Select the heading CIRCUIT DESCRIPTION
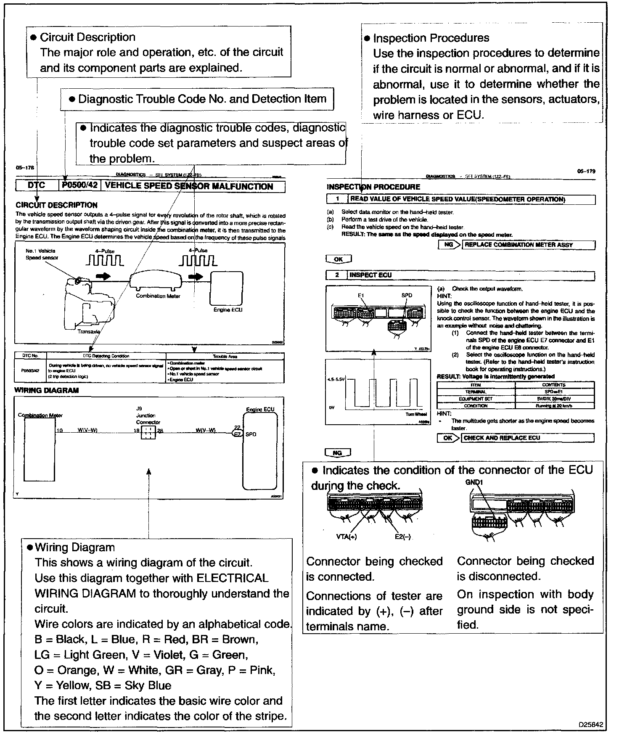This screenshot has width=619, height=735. pyautogui.click(x=56, y=205)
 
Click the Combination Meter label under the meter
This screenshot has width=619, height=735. pyautogui.click(x=158, y=296)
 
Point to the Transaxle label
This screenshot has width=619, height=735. pyautogui.click(x=89, y=332)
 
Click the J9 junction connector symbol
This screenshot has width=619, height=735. pyautogui.click(x=148, y=432)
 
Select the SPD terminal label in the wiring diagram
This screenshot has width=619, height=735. pyautogui.click(x=251, y=434)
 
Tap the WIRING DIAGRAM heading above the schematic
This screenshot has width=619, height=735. pyautogui.click(x=46, y=390)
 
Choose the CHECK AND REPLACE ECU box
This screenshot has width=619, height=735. pyautogui.click(x=528, y=438)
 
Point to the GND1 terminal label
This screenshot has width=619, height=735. pyautogui.click(x=474, y=482)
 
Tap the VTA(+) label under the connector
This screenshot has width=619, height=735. pyautogui.click(x=347, y=537)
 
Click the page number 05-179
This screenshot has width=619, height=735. pyautogui.click(x=586, y=172)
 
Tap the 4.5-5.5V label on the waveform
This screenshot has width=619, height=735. pyautogui.click(x=336, y=379)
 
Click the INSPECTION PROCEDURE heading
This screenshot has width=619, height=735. pyautogui.click(x=373, y=187)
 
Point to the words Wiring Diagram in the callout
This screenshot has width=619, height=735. pyautogui.click(x=75, y=547)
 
